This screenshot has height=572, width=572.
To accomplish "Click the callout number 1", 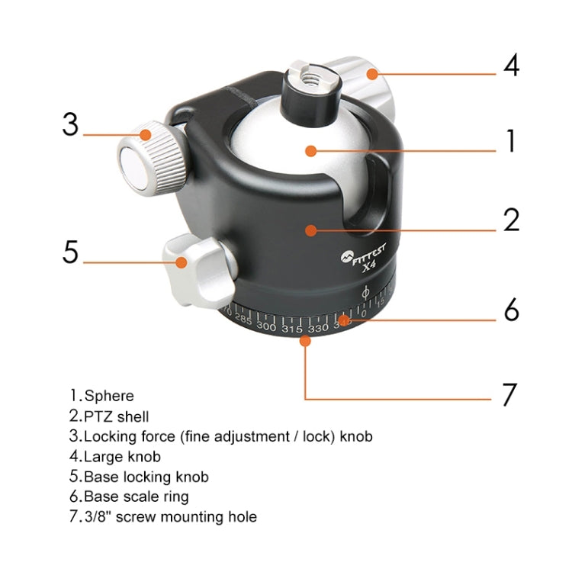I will [x=509, y=142].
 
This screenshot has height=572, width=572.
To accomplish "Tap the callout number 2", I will [x=510, y=220].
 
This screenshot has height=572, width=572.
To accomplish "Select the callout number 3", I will [x=70, y=124].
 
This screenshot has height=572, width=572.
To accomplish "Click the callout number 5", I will [x=70, y=252].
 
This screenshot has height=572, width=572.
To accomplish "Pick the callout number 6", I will [x=510, y=311].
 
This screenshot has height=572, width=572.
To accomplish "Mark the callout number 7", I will [x=509, y=394].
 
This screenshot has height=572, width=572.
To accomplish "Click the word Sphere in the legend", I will [x=109, y=396].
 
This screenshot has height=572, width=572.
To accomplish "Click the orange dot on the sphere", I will [x=310, y=151].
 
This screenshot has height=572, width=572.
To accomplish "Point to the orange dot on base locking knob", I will [x=182, y=263].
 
